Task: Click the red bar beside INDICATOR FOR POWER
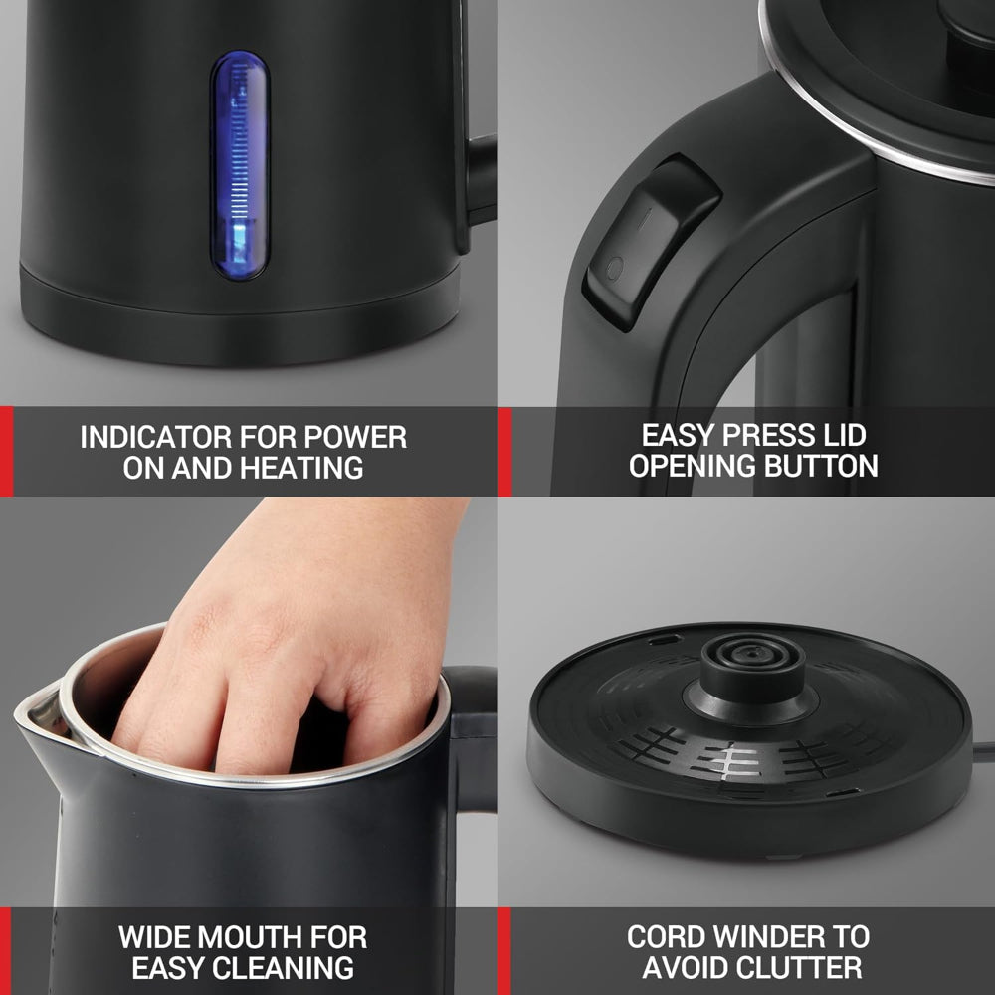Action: [x=6, y=451]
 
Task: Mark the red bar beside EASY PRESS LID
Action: [x=504, y=451]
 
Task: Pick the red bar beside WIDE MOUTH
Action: [x=6, y=950]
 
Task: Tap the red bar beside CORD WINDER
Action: [x=504, y=950]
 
